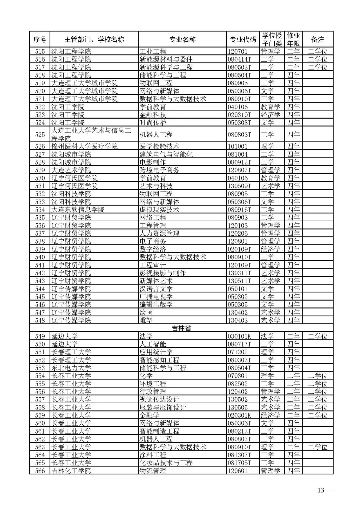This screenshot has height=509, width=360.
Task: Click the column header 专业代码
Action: point(243,39)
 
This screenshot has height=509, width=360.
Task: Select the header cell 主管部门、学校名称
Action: point(94,39)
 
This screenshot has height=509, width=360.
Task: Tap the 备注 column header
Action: point(317,39)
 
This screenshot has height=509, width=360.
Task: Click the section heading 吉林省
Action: point(181,328)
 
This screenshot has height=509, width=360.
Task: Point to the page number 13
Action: point(321,490)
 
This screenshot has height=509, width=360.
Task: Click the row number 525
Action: point(40,134)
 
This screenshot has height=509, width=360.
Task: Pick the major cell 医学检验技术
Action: point(159,146)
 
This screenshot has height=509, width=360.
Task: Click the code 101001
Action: point(238,146)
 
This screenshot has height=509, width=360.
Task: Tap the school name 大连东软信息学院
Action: point(78,210)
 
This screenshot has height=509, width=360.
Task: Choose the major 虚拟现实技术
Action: point(159,210)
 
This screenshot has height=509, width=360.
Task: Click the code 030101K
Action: point(239,336)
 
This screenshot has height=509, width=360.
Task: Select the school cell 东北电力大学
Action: point(71,368)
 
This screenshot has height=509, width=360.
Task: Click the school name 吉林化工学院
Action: point(71,471)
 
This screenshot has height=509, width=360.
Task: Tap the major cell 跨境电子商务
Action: point(159,170)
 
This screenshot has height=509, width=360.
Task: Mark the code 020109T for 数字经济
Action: point(239,249)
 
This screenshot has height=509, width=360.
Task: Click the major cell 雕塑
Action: point(146,320)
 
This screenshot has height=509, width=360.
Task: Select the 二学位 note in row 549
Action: point(317,336)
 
